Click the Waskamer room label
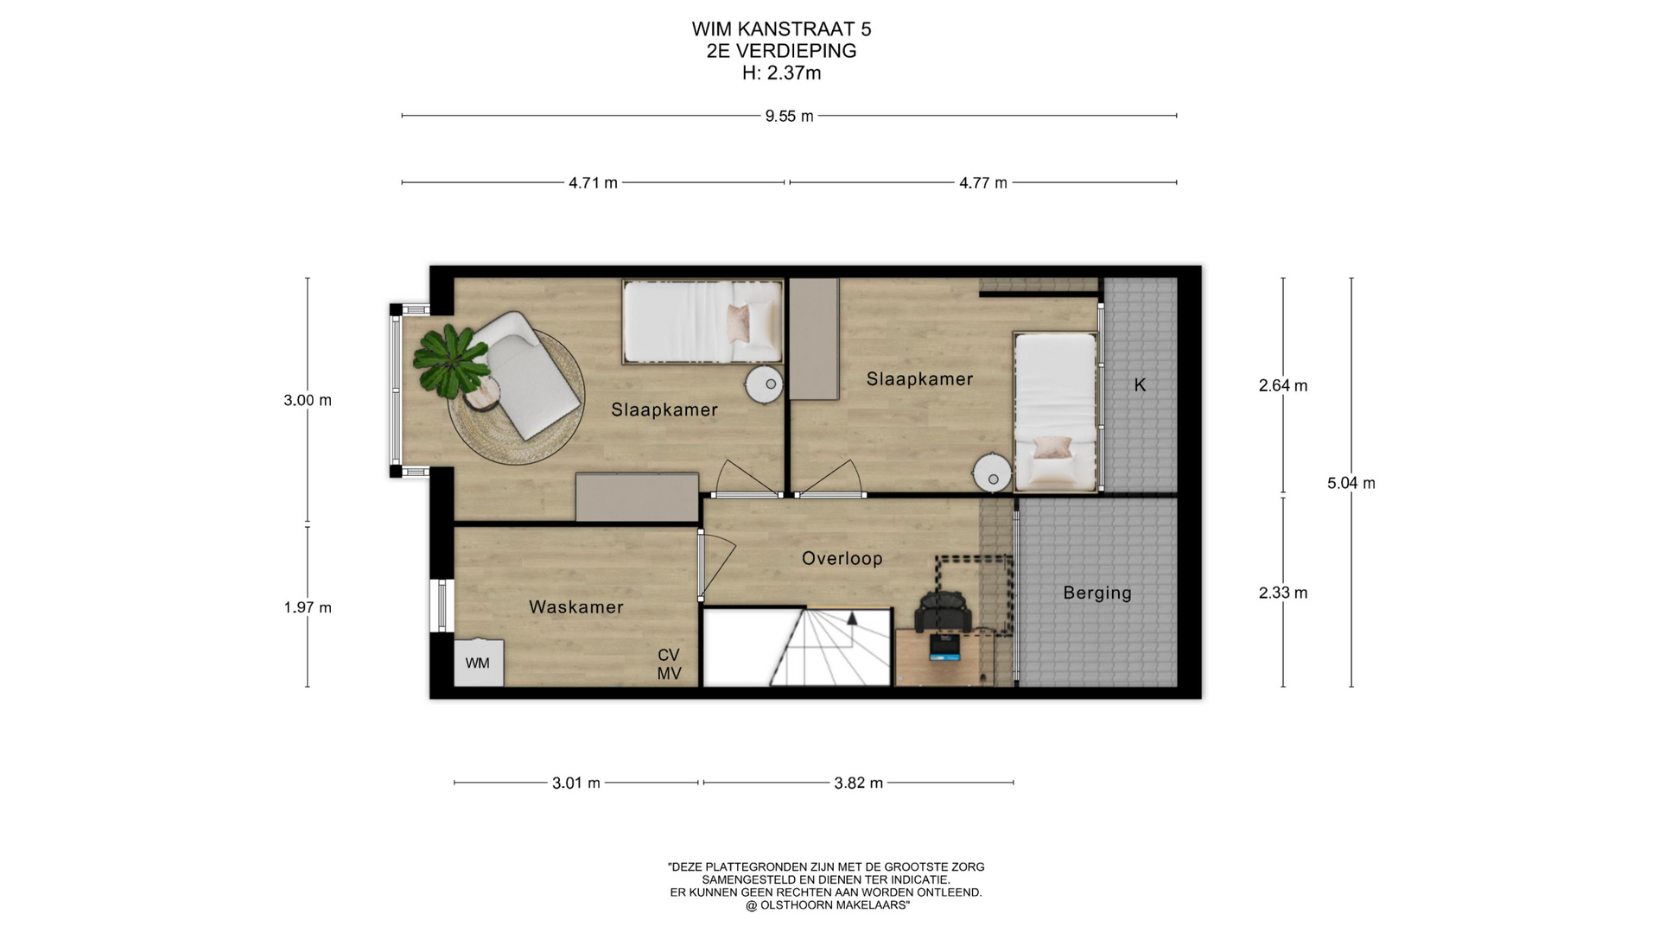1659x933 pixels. coord(576,607)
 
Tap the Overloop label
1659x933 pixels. coord(842,559)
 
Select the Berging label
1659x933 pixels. coord(1097,593)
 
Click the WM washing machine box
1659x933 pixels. coord(479,663)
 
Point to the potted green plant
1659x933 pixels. coord(449,361)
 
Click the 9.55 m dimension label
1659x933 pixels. coord(789,116)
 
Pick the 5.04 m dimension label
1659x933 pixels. coord(1351,484)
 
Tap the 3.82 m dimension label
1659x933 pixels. coord(858,784)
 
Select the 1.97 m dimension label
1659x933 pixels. coord(308,608)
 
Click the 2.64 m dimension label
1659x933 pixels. coord(1283,386)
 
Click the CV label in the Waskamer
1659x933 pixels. coord(669,656)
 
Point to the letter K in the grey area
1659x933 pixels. coord(1140,385)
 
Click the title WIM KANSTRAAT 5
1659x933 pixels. coord(781,29)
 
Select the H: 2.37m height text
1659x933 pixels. coord(781,73)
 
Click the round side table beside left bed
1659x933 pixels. coord(765,384)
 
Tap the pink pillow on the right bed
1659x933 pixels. coord(1052,447)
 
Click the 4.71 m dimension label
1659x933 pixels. coord(593,183)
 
